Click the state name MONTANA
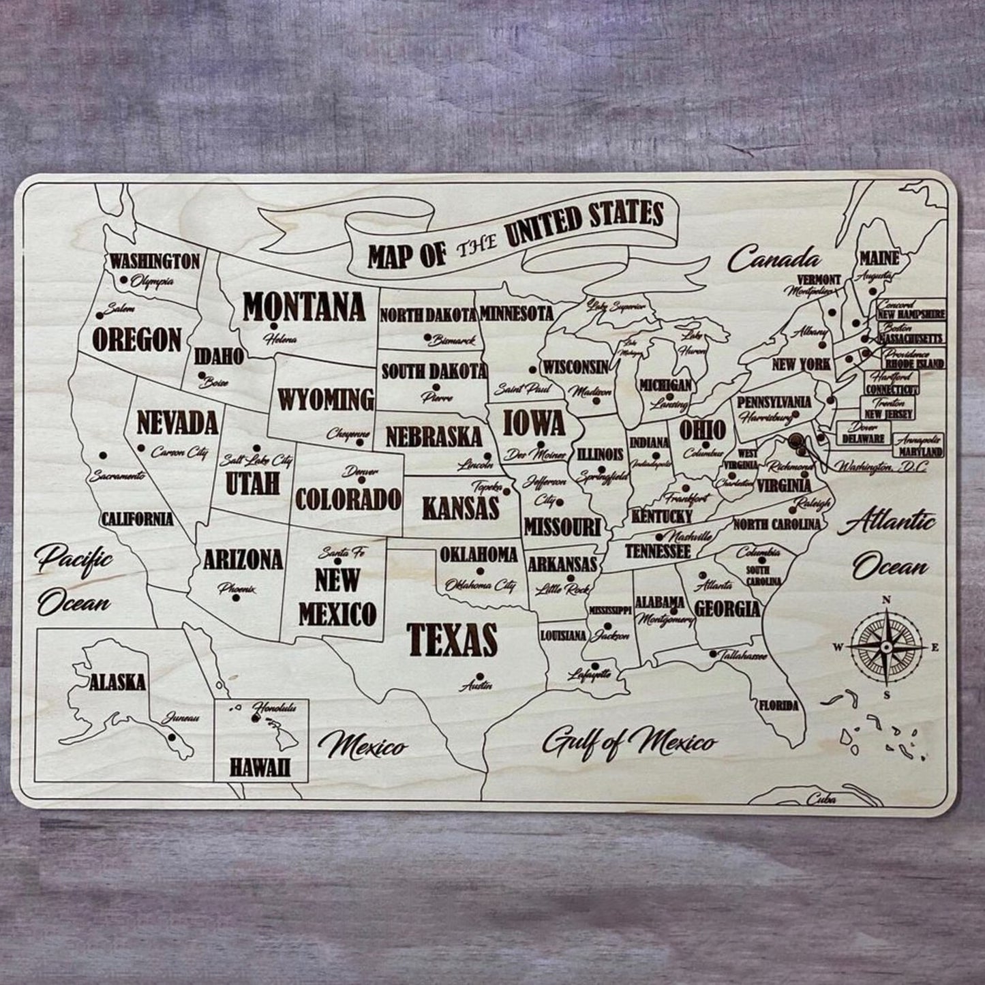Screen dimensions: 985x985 coord(304,307)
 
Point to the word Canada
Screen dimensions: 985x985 coord(774,259)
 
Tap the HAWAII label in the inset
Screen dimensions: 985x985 coord(260,768)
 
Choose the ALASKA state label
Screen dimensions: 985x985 coord(117,682)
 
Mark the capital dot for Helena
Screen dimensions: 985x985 coord(271,326)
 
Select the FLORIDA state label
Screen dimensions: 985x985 coord(778,706)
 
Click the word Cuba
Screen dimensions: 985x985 coord(821,800)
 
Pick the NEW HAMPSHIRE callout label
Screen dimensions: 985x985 coord(911,315)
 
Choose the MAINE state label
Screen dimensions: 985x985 coord(879,259)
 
